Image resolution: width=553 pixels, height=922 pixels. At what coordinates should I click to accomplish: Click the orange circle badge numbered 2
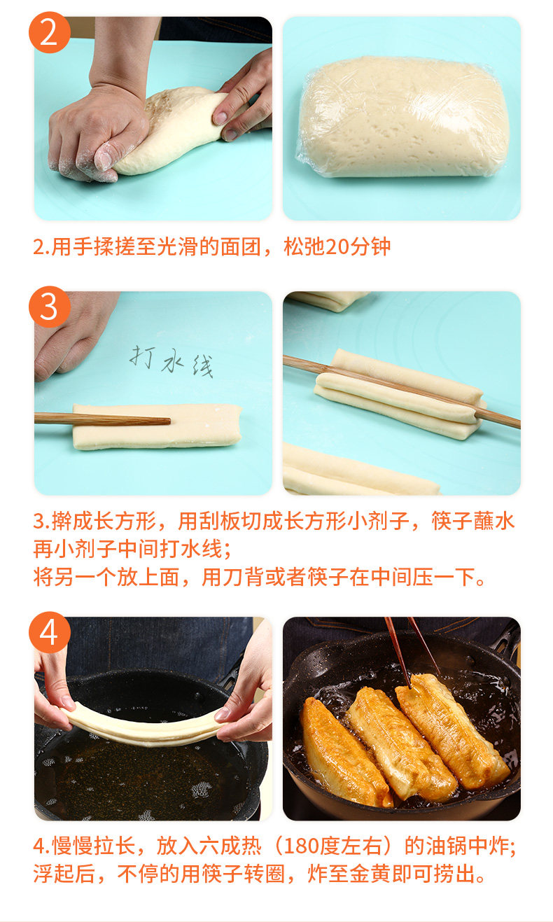(x=50, y=32)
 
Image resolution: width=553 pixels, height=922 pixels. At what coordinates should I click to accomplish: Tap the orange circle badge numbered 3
(x=50, y=307)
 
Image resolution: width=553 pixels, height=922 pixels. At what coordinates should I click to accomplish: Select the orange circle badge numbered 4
(x=50, y=632)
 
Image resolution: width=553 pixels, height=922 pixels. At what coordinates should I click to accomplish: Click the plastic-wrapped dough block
(x=403, y=118)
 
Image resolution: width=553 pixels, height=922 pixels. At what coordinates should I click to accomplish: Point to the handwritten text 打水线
(x=171, y=361)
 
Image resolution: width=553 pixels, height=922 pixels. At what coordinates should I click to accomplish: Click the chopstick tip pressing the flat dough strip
(x=169, y=421)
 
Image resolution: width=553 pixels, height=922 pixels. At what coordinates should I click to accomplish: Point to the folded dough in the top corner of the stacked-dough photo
(x=329, y=300)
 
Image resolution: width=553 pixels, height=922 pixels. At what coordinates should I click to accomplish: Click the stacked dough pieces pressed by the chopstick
(x=399, y=394)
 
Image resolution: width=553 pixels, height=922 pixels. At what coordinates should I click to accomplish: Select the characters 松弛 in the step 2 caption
(x=304, y=247)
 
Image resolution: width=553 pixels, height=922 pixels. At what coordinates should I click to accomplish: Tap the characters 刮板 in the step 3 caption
(x=220, y=522)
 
